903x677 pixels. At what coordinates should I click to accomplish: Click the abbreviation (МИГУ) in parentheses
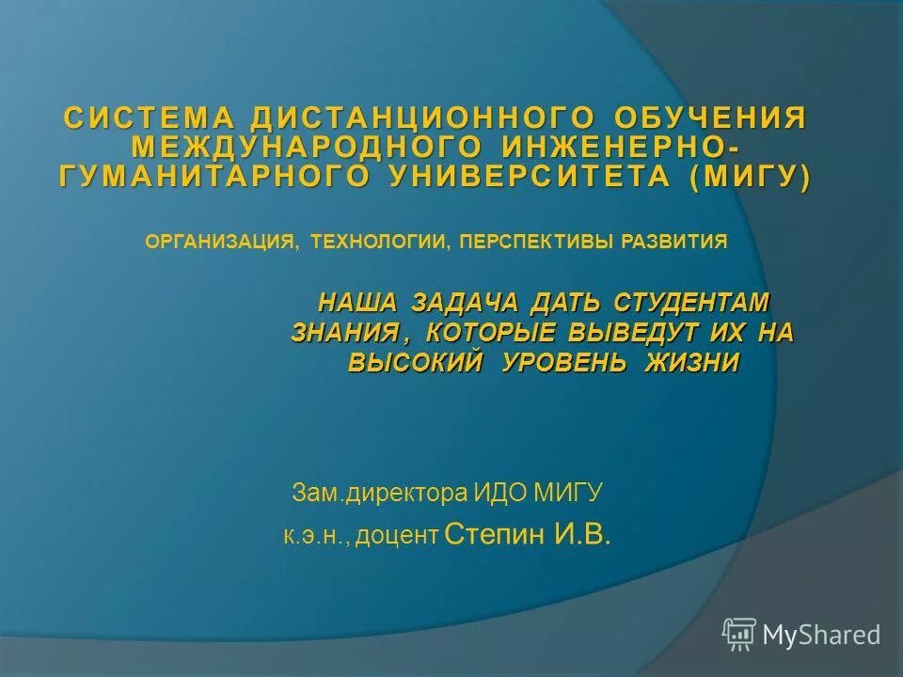[749, 177]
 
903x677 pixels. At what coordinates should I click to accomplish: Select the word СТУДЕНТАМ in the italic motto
[691, 303]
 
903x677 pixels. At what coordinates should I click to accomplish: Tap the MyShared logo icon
[739, 635]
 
